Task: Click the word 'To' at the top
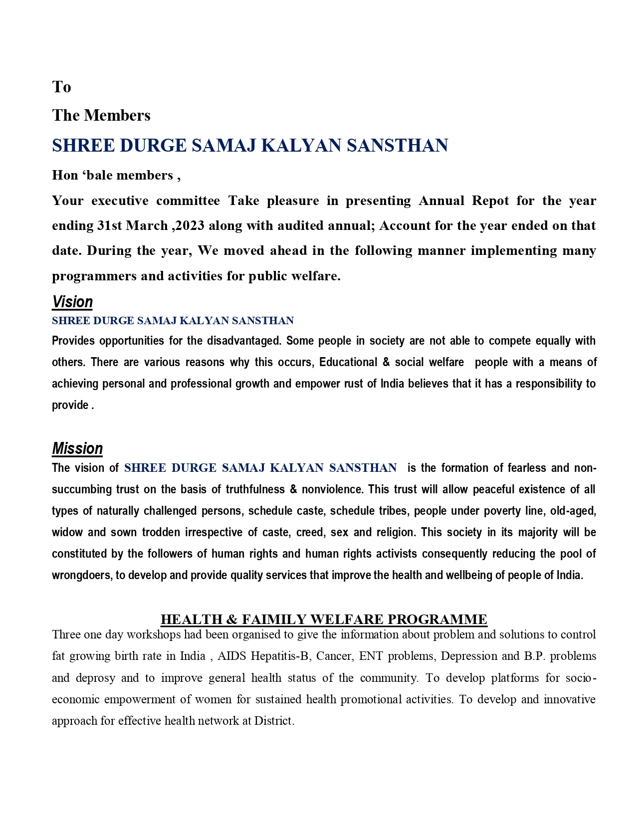pyautogui.click(x=61, y=87)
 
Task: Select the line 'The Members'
pyautogui.click(x=101, y=115)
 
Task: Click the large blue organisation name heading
pyautogui.click(x=250, y=146)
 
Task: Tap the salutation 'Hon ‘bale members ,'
pyautogui.click(x=116, y=175)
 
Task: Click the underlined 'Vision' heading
pyautogui.click(x=72, y=302)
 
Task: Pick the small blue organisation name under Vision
pyautogui.click(x=173, y=320)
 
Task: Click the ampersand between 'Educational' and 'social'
pyautogui.click(x=386, y=362)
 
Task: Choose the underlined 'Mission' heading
pyautogui.click(x=77, y=448)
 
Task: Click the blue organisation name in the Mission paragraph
pyautogui.click(x=260, y=468)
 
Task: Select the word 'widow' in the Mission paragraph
pyautogui.click(x=67, y=532)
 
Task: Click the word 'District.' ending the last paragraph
pyautogui.click(x=274, y=721)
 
